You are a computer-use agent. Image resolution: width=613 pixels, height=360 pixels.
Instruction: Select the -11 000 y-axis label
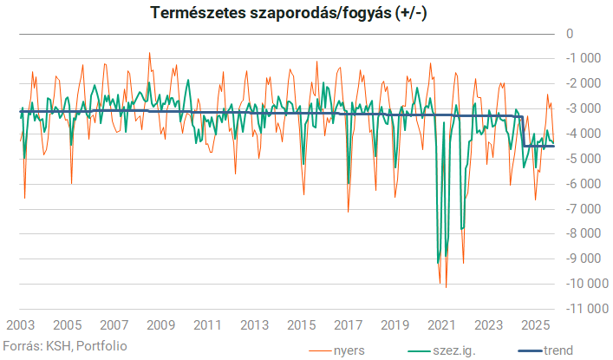(582, 309)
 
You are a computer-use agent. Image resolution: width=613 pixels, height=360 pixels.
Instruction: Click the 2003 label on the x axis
(21, 325)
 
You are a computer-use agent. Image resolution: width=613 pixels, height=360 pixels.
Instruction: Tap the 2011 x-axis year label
(207, 325)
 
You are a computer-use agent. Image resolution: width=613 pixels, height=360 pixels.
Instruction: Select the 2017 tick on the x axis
(348, 325)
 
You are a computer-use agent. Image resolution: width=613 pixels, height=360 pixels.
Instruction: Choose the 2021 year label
(441, 325)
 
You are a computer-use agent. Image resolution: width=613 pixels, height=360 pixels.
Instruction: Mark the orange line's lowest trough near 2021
(446, 286)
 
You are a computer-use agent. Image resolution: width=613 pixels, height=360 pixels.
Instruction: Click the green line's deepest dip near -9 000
(439, 262)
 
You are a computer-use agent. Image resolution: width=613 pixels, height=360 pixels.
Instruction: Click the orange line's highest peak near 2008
(149, 53)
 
